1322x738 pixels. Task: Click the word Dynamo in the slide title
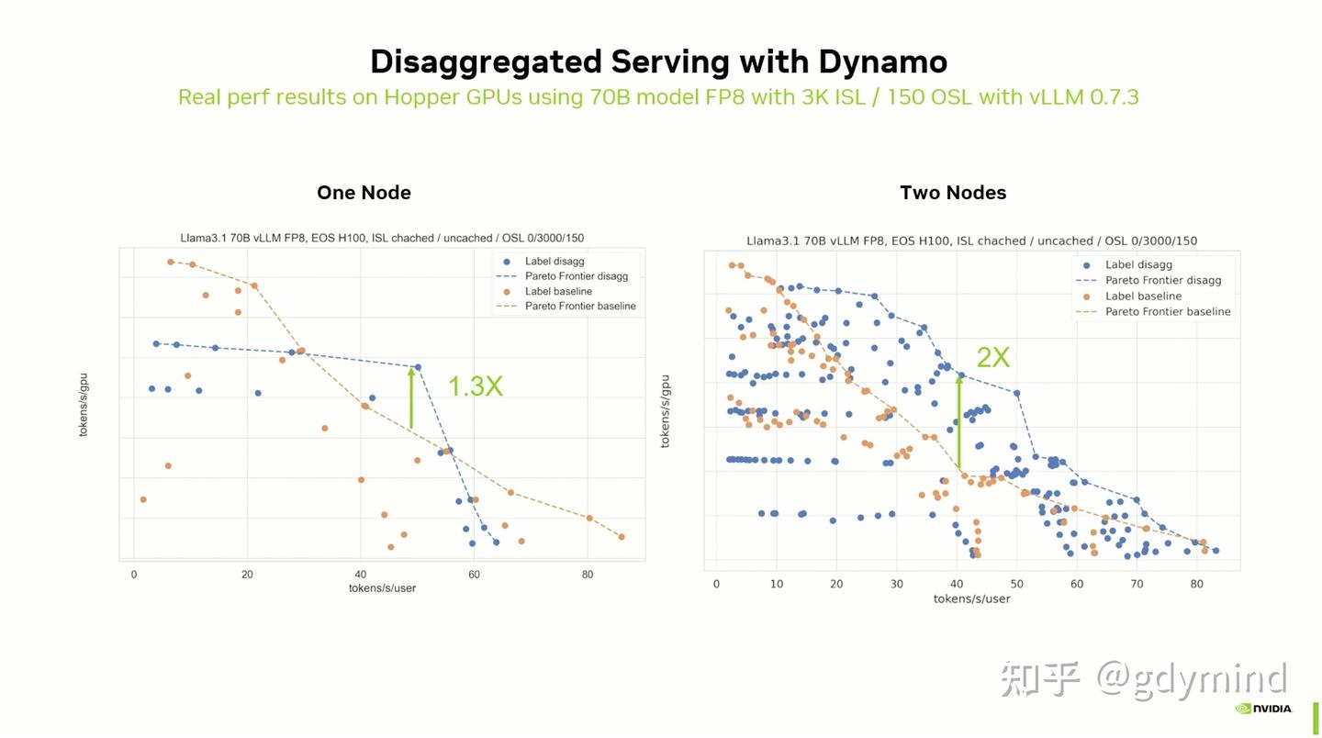click(x=882, y=61)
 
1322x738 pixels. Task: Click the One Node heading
click(x=364, y=193)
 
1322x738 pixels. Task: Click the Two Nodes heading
click(x=953, y=193)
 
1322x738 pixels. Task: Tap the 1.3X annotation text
click(x=475, y=386)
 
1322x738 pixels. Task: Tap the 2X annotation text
click(x=992, y=357)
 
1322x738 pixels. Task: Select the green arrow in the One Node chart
click(x=411, y=397)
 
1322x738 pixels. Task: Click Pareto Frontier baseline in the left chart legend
click(x=580, y=307)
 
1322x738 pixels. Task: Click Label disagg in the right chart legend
click(x=1138, y=264)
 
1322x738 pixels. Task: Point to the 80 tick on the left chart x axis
click(x=588, y=575)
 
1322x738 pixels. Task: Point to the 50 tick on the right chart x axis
click(x=1016, y=584)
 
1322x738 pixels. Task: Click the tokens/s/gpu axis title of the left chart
click(x=84, y=404)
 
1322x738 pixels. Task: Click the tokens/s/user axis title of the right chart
click(x=971, y=598)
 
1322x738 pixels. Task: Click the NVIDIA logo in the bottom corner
click(x=1263, y=709)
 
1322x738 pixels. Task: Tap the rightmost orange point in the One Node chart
click(x=622, y=537)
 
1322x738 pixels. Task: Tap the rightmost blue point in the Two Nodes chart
click(x=1216, y=551)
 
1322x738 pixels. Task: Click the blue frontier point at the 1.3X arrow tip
click(x=418, y=367)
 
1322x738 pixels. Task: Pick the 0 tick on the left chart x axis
click(x=134, y=575)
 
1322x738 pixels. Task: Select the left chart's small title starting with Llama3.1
click(x=382, y=238)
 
